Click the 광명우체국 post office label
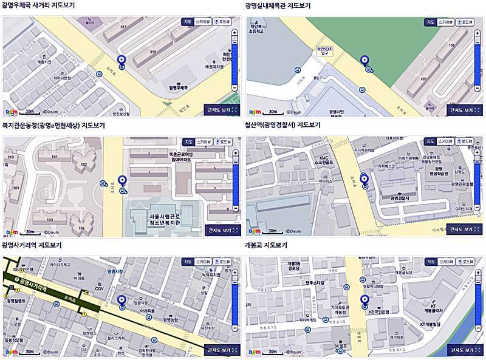pos(181,87)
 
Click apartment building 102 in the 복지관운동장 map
pos(83,164)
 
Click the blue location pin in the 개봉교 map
pos(365,300)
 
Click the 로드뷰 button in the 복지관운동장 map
pos(222,141)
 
